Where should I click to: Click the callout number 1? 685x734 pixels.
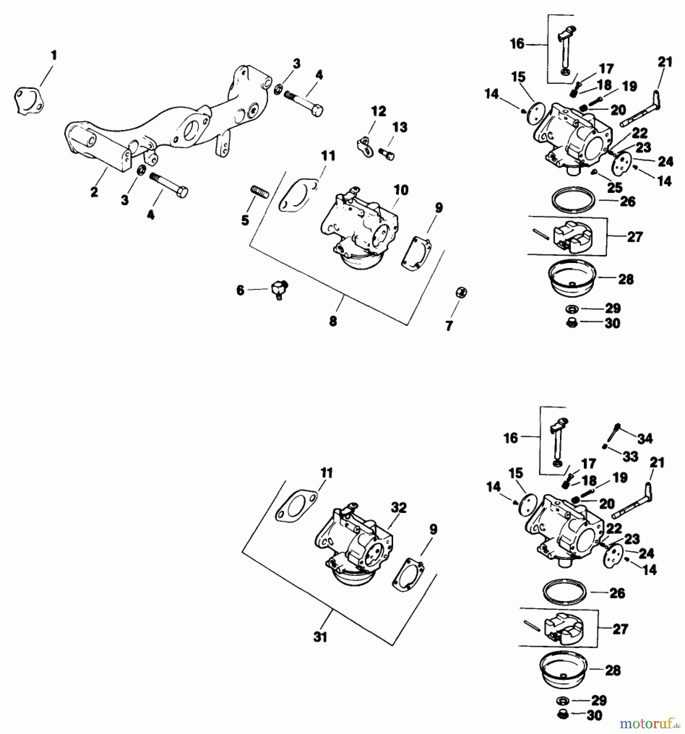point(54,55)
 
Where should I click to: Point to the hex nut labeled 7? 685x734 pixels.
point(461,293)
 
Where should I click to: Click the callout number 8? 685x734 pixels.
point(333,321)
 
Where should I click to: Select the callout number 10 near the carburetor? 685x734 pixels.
point(401,190)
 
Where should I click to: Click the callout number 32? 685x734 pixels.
point(399,508)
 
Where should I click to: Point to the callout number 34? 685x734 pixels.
point(645,438)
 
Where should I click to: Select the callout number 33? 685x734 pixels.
point(630,456)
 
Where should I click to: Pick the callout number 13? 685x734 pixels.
point(399,127)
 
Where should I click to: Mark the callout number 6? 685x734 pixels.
point(240,290)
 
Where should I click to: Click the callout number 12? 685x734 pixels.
point(378,111)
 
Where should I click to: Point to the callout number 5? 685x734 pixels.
point(245,221)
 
